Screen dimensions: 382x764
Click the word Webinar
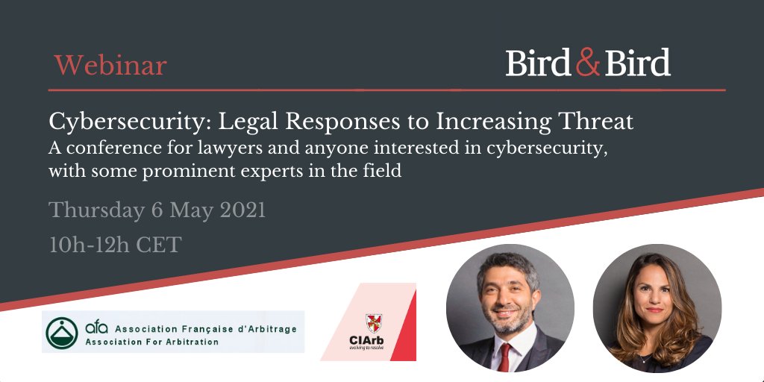(110, 66)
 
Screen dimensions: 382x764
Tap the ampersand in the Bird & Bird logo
(588, 63)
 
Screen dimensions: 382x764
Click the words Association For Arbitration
(152, 342)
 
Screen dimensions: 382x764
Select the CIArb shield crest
(374, 323)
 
